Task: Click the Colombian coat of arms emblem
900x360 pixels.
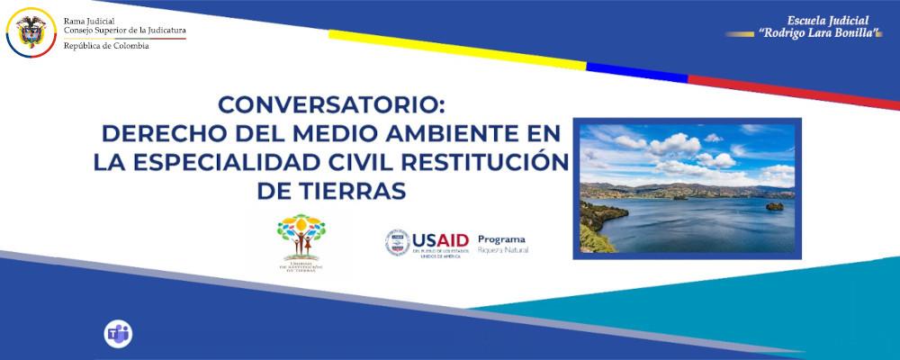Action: [31, 30]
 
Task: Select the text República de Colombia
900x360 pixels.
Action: [106, 45]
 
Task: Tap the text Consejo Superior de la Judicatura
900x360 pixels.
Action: [124, 31]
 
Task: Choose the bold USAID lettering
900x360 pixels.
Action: [441, 239]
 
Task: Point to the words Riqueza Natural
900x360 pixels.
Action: [503, 248]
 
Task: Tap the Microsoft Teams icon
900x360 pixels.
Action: [118, 334]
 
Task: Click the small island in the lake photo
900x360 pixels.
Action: [774, 206]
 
